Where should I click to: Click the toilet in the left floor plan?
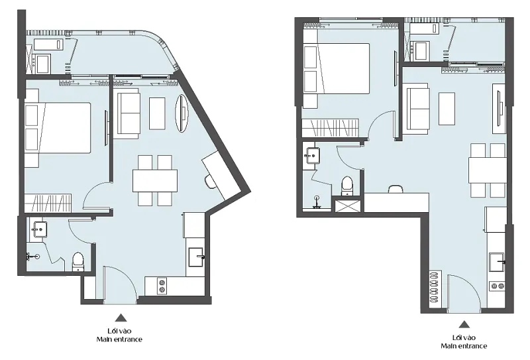point(78,261)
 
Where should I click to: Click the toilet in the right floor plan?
point(347,186)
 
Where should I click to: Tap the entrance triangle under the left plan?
point(121,318)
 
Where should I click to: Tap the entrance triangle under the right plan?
point(464,324)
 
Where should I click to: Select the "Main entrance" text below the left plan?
point(119,339)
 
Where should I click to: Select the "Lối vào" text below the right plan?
point(464,337)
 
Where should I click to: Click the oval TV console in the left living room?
point(182,113)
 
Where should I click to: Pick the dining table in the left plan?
point(155,181)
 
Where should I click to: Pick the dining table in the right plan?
point(488,170)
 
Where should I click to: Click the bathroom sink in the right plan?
point(313,156)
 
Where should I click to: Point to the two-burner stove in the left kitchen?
point(162,285)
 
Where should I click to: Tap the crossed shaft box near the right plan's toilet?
point(347,206)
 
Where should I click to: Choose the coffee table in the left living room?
point(157,113)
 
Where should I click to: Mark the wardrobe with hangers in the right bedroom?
point(330,128)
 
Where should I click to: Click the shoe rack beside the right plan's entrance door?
point(435,287)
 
